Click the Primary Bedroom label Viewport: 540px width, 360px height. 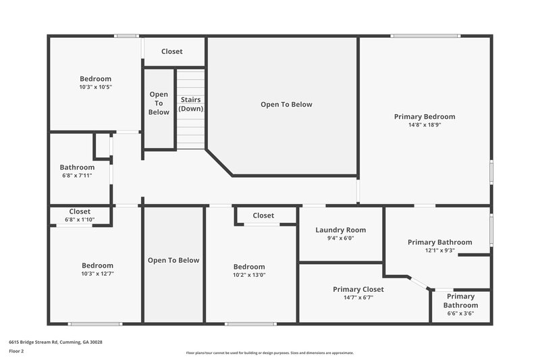425,117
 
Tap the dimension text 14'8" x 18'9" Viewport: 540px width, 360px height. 425,125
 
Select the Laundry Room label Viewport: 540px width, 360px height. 340,230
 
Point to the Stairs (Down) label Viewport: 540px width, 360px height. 191,104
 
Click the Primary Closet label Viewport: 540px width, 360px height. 358,289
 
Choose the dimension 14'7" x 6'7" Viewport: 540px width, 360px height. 358,298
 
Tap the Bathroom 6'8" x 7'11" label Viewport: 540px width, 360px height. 77,168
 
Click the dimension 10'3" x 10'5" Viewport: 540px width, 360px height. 95,87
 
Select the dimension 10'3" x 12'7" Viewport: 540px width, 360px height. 97,274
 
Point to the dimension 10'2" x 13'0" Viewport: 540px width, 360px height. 249,275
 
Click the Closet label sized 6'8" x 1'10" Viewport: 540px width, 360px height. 80,211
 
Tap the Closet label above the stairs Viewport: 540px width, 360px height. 172,51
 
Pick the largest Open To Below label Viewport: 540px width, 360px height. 286,105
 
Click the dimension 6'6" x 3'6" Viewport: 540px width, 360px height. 460,313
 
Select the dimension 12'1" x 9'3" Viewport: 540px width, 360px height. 439,251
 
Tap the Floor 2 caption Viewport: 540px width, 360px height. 16,351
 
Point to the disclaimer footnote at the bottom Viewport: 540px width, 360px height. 269,353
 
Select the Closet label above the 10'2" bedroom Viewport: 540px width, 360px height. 263,215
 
